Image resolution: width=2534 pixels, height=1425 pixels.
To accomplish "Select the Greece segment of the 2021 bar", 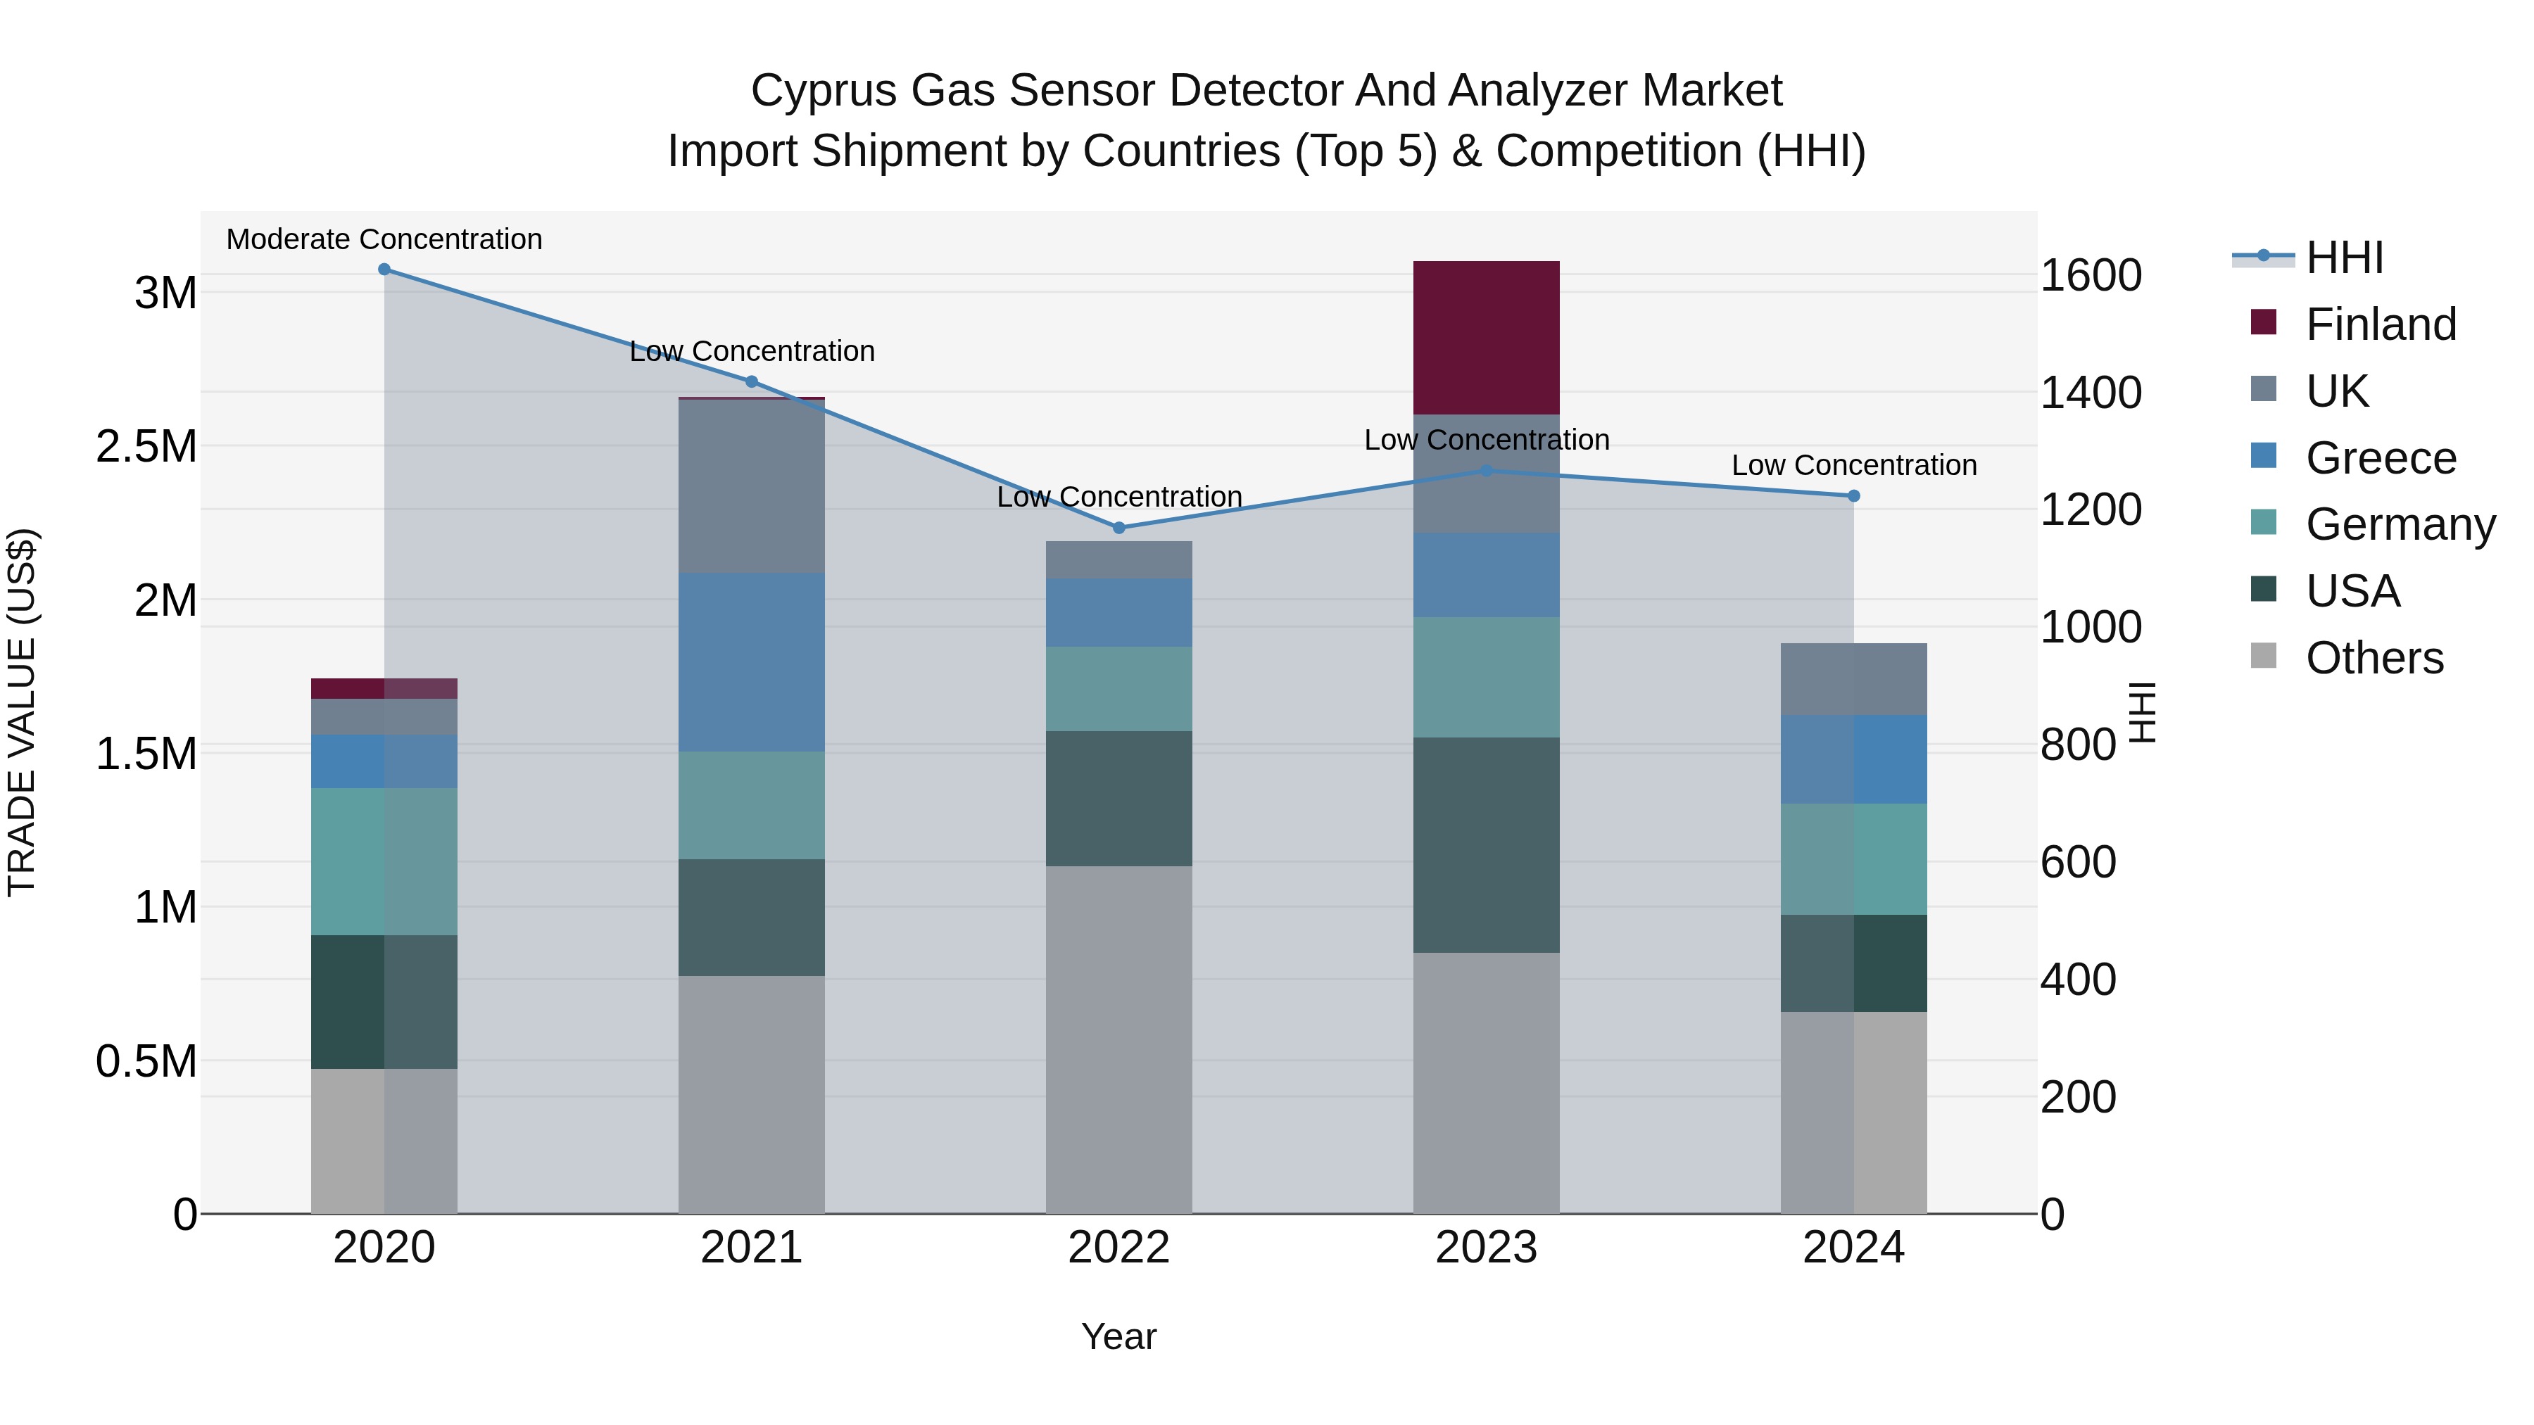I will click(752, 662).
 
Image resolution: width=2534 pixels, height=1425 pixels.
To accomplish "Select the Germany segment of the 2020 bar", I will click(384, 861).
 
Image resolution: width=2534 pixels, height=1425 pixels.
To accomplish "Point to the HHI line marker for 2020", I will click(384, 270).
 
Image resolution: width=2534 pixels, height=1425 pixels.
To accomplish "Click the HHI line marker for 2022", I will click(1118, 528).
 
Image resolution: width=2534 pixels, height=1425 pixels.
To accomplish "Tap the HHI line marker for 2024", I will click(1853, 497).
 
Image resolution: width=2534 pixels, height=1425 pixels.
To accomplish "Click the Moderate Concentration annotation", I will click(384, 239).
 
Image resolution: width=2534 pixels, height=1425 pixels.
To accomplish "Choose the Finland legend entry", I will click(2380, 324).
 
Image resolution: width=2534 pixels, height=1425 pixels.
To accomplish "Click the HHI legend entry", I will click(2344, 258).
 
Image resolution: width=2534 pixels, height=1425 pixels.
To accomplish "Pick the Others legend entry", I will click(2374, 658).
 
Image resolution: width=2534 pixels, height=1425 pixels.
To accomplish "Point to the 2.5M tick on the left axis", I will click(146, 446).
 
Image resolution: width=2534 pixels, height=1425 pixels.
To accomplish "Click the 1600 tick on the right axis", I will click(2091, 275).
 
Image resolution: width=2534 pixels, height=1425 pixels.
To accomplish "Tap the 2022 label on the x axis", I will click(1118, 1248).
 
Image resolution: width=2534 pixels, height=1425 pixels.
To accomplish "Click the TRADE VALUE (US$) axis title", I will click(22, 712).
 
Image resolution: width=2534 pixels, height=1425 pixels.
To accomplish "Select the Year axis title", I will click(1118, 1336).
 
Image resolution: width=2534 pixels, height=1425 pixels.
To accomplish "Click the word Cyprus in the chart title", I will click(824, 91).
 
